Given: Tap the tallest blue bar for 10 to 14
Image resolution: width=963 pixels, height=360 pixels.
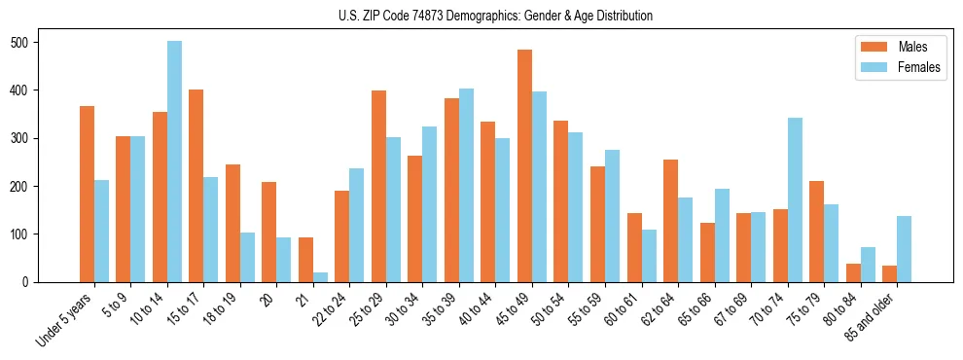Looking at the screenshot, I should (x=174, y=162).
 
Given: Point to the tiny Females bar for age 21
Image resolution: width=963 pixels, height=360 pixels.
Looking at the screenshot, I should (x=320, y=277).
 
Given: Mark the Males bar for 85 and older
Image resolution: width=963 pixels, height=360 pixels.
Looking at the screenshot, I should (x=889, y=273).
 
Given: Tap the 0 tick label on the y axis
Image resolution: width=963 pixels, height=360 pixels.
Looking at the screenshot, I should (x=57, y=282).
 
